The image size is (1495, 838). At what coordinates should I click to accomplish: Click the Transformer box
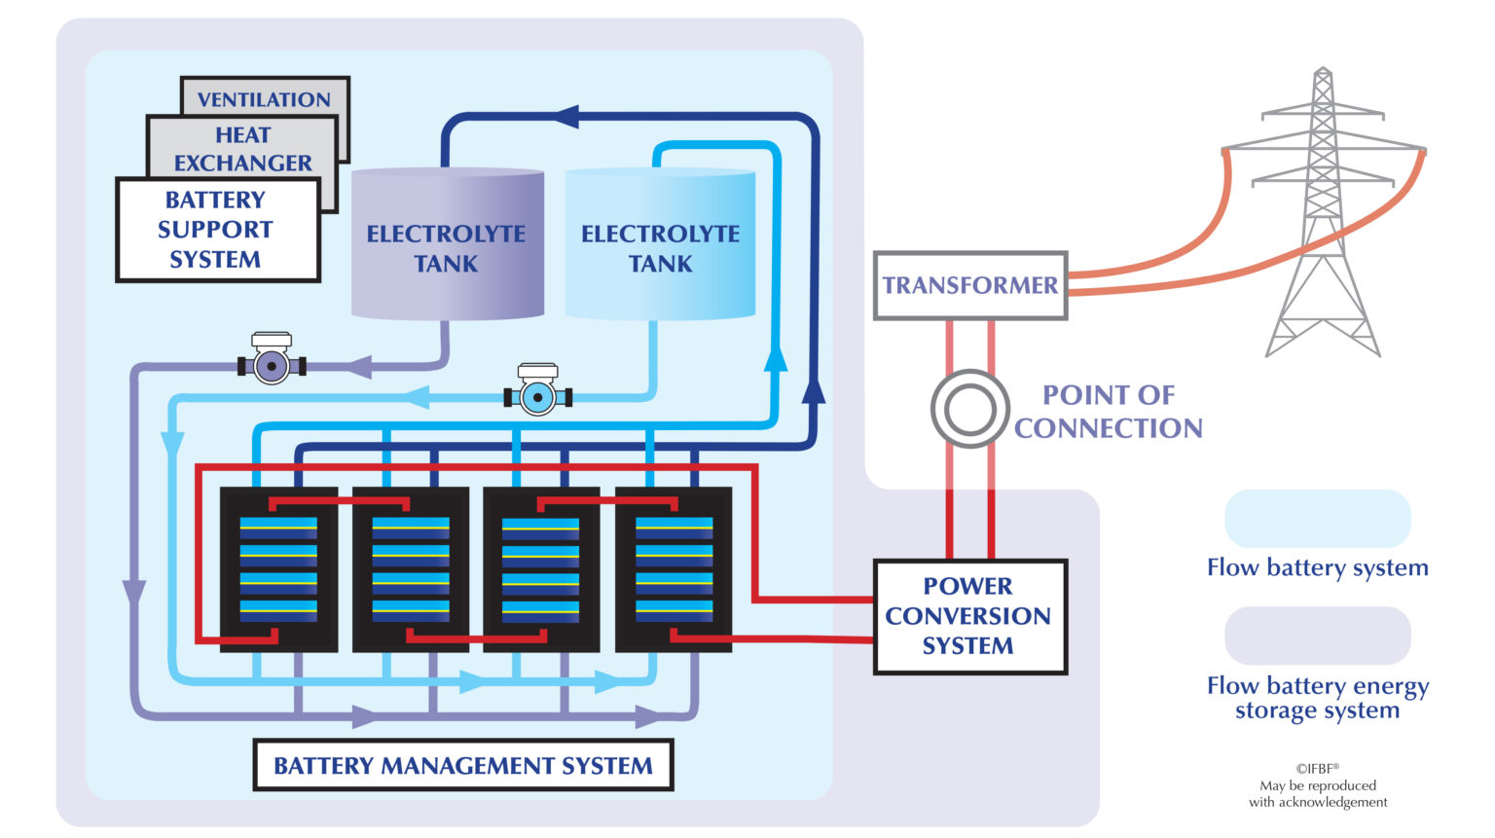[970, 285]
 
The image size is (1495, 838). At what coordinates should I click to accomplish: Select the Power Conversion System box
[969, 616]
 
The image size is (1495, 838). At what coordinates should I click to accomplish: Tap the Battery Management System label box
[462, 765]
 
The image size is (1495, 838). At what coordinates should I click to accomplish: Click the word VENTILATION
[264, 99]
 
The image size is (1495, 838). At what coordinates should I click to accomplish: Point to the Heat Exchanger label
[242, 149]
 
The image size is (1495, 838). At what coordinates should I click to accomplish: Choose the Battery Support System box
[216, 230]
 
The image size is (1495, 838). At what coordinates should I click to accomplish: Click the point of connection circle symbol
[969, 409]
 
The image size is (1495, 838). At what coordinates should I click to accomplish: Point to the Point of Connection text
[1108, 411]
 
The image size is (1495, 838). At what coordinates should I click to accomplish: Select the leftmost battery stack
[278, 569]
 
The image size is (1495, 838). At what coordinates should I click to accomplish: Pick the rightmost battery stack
[674, 569]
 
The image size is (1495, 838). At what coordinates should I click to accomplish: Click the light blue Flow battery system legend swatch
[1316, 519]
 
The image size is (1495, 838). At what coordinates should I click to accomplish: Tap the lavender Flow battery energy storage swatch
[1316, 636]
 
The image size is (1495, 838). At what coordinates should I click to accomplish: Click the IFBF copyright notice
[1318, 784]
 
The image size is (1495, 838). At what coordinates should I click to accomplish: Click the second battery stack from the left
[410, 569]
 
